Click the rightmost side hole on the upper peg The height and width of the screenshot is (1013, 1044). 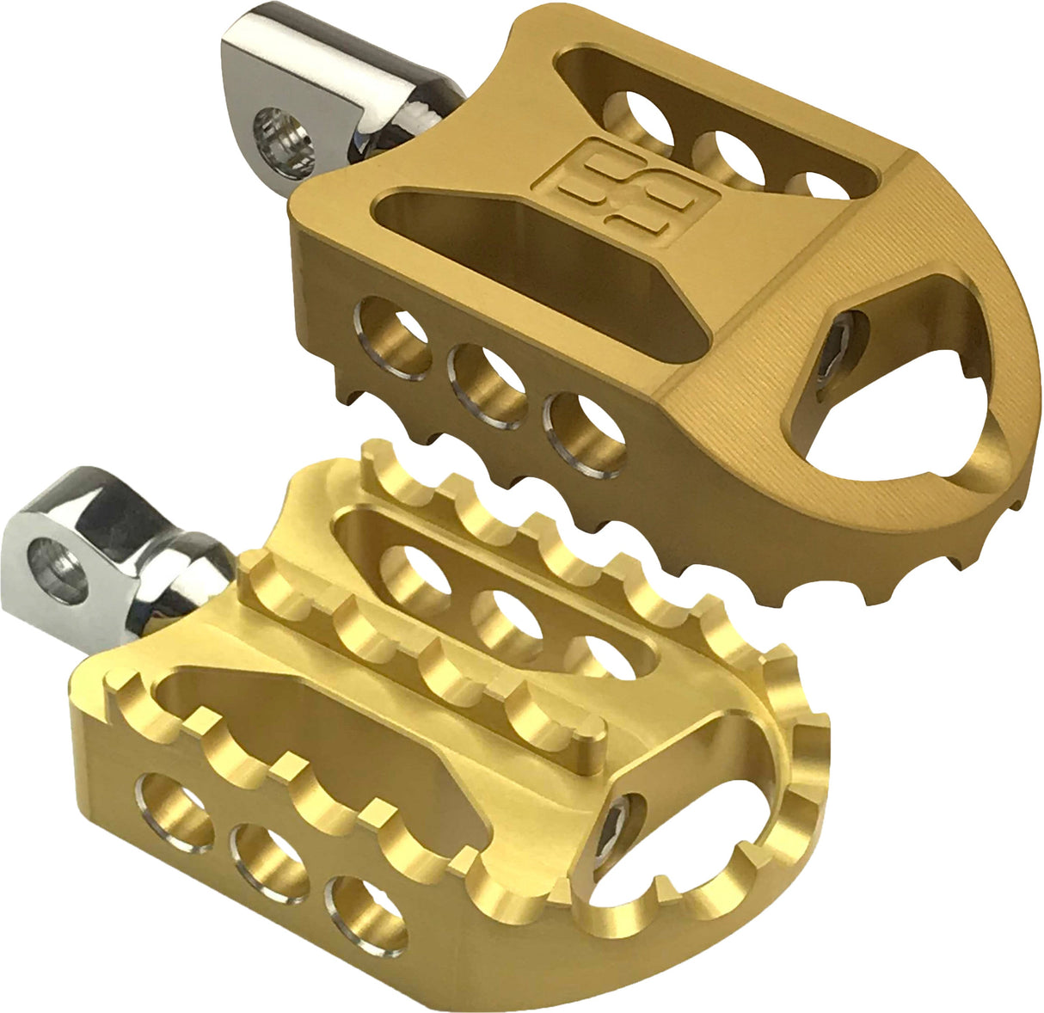[585, 433]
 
